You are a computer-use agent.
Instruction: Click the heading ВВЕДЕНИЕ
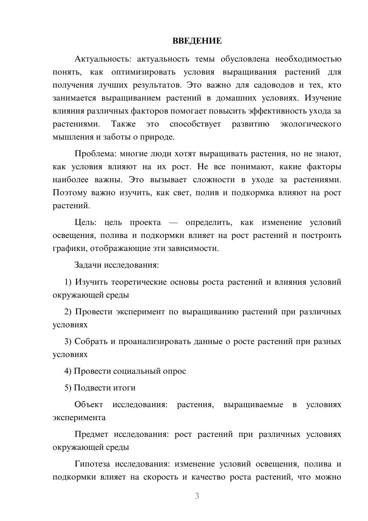tap(197, 41)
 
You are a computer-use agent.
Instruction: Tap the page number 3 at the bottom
tap(197, 496)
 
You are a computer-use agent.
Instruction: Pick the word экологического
tap(310, 124)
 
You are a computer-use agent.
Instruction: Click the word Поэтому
tap(70, 193)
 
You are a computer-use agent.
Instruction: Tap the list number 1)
tap(68, 282)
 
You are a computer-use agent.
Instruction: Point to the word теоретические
tap(139, 282)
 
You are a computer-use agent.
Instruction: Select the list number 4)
tap(68, 371)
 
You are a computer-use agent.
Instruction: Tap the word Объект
tap(89, 405)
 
